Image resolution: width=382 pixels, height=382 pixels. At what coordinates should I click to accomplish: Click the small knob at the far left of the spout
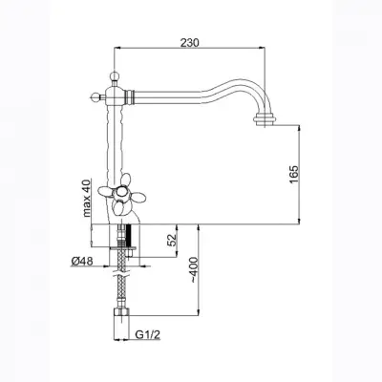[95, 95]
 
